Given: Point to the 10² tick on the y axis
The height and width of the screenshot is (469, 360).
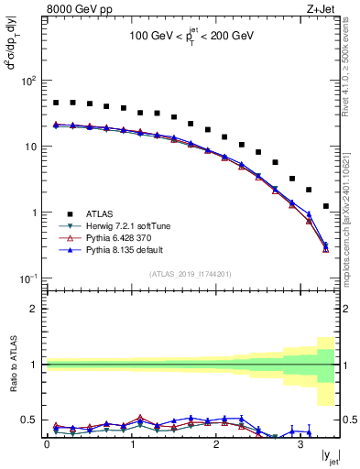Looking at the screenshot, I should point(28,81).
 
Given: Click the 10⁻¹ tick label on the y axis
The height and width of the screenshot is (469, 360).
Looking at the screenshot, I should point(28,278).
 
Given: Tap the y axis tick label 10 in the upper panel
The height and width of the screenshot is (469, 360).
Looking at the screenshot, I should point(30,147).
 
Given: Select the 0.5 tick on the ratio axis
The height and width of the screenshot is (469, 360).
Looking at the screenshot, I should point(29,420).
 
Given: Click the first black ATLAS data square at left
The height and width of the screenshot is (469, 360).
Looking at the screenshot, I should point(56,103).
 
